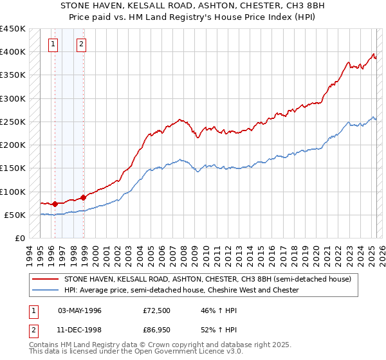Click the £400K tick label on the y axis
click(x=13, y=52)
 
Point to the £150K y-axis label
click(x=13, y=168)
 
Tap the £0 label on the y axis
click(x=19, y=239)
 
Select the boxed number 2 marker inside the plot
click(x=82, y=44)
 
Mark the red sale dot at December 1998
click(x=83, y=197)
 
